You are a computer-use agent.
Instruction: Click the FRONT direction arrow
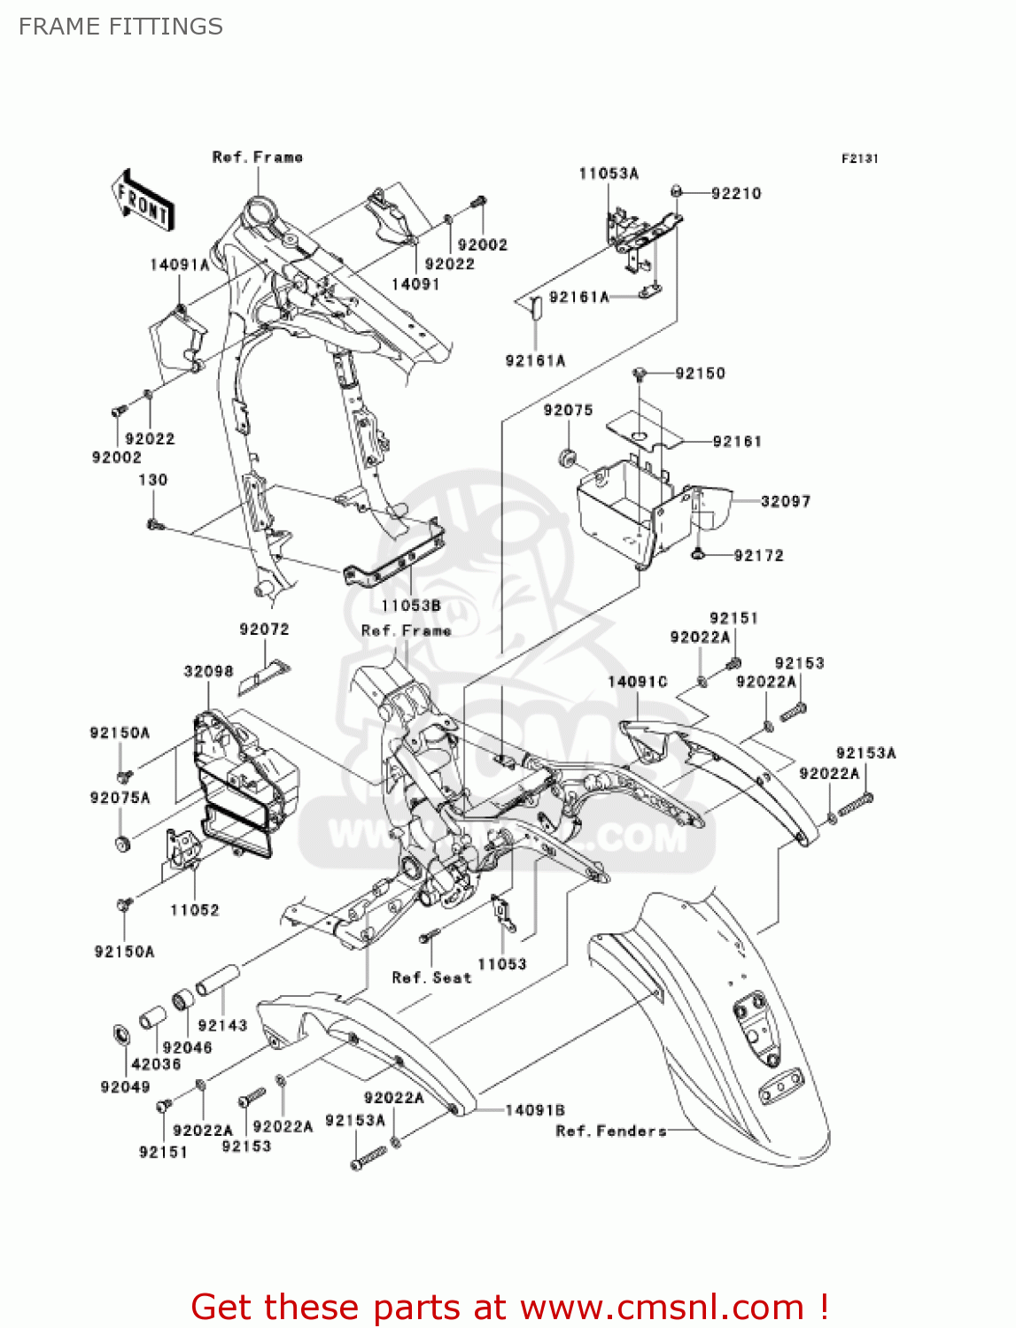tap(143, 202)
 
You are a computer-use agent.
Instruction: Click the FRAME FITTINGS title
tap(120, 27)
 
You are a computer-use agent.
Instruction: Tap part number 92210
tap(735, 194)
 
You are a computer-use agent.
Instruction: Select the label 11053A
tap(608, 174)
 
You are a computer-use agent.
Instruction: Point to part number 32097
tap(785, 501)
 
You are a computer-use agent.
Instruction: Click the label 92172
tap(758, 556)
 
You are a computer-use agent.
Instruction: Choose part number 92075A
tap(120, 798)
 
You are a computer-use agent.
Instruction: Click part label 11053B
tap(411, 606)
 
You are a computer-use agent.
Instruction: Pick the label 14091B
tap(534, 1110)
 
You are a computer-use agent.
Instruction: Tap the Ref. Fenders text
tap(610, 1131)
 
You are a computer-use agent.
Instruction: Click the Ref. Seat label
tap(431, 977)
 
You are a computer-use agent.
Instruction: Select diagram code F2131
tap(859, 158)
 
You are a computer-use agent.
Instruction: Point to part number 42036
tap(156, 1064)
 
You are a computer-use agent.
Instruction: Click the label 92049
tap(125, 1087)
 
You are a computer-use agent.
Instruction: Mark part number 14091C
tap(637, 682)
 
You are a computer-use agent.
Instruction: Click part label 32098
tap(208, 671)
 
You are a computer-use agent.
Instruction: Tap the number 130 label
tap(152, 480)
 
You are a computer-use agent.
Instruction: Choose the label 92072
tap(264, 629)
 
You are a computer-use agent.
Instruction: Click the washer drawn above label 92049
tap(120, 1034)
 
